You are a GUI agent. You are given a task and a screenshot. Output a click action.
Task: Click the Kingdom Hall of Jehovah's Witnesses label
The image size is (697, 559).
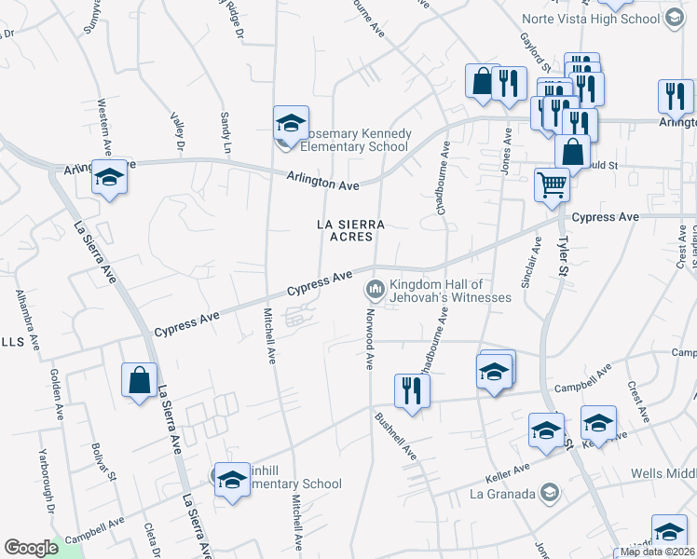coord(450,291)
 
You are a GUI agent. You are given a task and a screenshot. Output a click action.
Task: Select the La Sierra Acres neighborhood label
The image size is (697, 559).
coord(351,230)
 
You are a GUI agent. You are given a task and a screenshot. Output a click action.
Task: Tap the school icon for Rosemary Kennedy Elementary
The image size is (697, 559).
coord(291,123)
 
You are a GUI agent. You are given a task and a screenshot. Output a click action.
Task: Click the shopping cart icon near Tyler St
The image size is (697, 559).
coord(552,184)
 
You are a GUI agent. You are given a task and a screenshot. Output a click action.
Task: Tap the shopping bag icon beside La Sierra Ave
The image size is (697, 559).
coord(140,380)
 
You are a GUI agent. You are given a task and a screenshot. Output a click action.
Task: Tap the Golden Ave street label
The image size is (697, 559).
coord(55,395)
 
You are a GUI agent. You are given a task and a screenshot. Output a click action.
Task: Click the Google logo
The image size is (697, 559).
coord(31,548)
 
